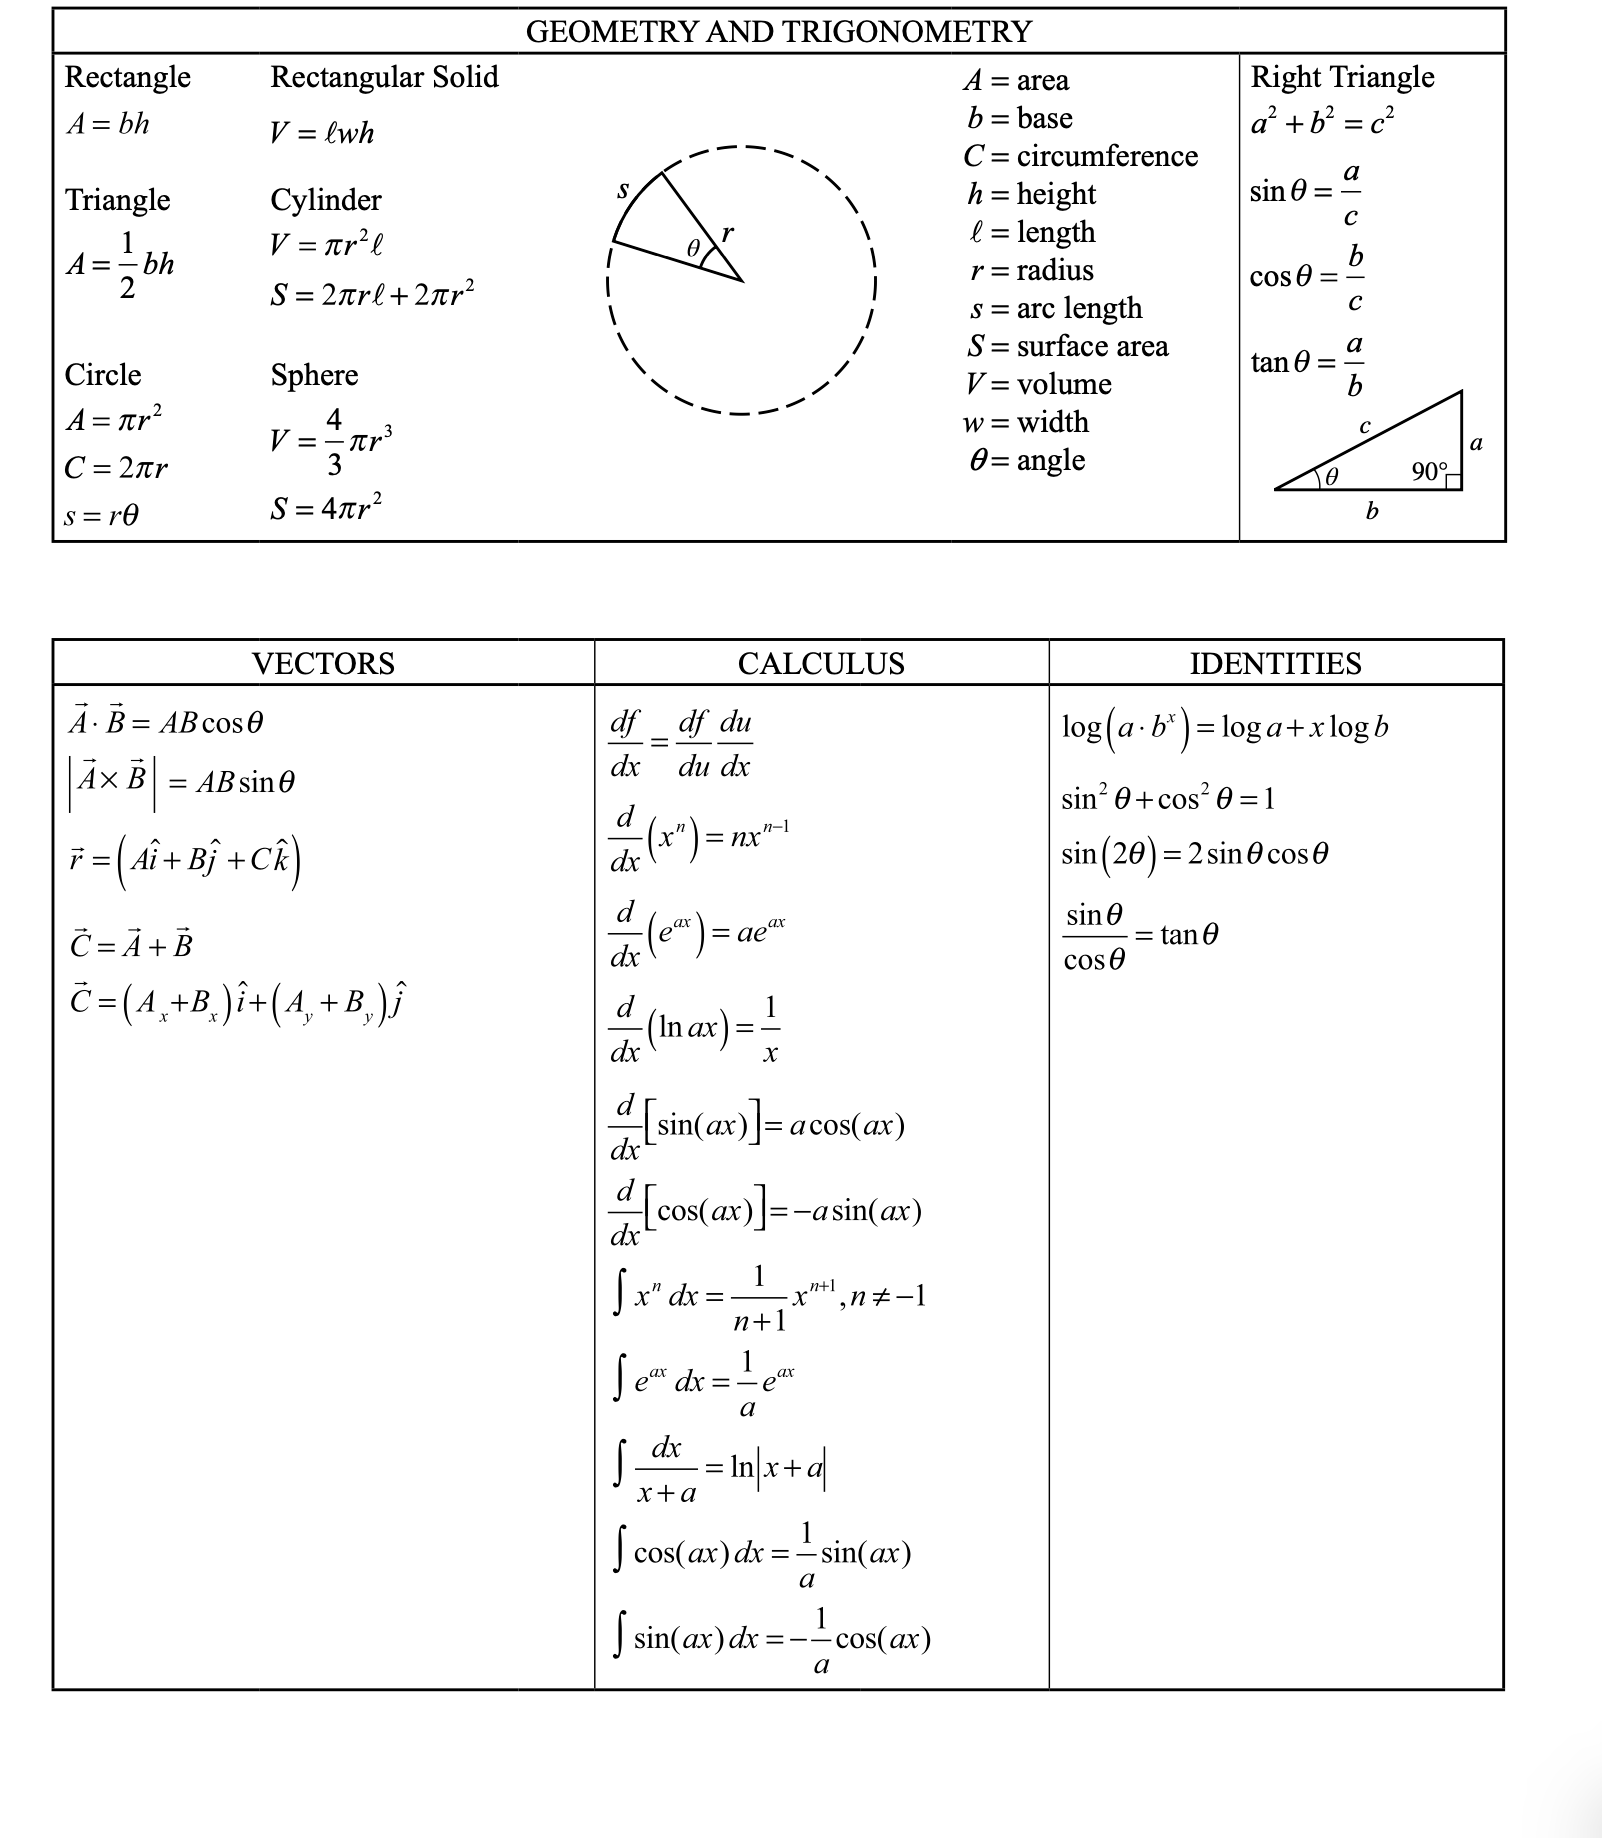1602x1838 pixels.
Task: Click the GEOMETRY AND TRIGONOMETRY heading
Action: click(x=778, y=31)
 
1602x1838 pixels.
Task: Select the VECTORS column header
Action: click(x=323, y=663)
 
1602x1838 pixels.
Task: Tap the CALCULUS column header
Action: click(x=821, y=663)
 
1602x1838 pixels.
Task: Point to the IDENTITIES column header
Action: click(x=1275, y=663)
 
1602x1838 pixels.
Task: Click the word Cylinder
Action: click(x=326, y=200)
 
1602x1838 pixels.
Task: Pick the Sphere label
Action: click(x=314, y=375)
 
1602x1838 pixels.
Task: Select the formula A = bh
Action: click(x=107, y=124)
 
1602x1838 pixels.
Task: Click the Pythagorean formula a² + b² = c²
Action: click(x=1322, y=122)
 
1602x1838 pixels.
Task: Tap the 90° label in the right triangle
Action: click(x=1429, y=471)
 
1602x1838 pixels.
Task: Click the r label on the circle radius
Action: click(x=727, y=233)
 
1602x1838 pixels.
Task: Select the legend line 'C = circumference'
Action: click(x=1081, y=156)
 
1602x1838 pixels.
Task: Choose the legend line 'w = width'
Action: click(x=1026, y=422)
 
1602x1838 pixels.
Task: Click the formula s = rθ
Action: click(x=101, y=516)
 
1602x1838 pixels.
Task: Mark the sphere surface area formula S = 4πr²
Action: click(x=326, y=508)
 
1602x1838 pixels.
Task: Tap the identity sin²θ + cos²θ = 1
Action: click(x=1168, y=798)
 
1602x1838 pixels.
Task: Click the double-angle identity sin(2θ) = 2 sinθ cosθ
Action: click(x=1195, y=854)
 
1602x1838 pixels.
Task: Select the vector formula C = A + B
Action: click(x=131, y=945)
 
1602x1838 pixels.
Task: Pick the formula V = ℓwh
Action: click(x=322, y=133)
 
